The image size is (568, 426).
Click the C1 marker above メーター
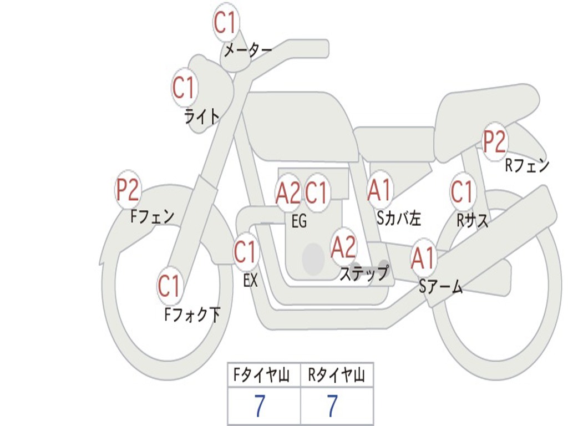pos(225,23)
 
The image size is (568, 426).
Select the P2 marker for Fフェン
pos(127,190)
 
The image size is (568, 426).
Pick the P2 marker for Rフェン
pos(494,141)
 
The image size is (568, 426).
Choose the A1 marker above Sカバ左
pos(380,190)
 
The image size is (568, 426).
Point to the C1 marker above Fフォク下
pos(169,286)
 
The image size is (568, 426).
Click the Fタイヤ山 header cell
pos(263,376)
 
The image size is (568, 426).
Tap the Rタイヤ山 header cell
pos(336,376)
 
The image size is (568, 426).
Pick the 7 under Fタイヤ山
pos(259,406)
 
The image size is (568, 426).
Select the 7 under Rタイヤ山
pos(332,406)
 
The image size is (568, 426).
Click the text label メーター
pos(248,51)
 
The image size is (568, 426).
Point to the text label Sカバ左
pos(399,219)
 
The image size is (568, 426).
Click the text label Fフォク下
pos(192,315)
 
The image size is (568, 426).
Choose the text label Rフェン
pos(526,165)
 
